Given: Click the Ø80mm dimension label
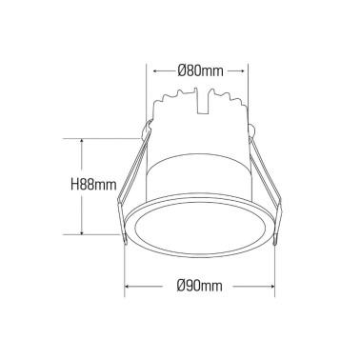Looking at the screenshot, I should pos(200,70).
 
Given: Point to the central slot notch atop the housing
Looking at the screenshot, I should pos(201,99).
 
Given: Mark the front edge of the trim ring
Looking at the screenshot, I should pos(200,260).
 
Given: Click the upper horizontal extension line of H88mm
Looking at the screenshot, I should pos(105,136).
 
